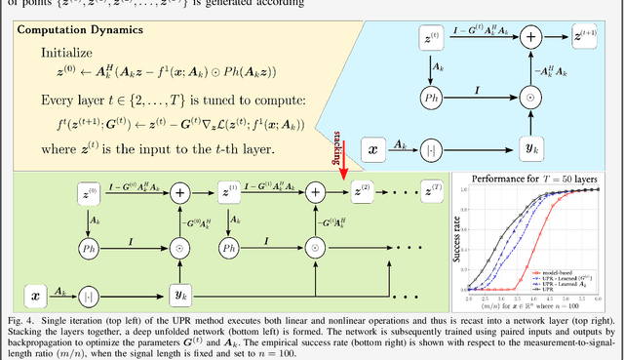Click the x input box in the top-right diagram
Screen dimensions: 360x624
(x=372, y=149)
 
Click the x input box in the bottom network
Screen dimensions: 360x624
(x=36, y=293)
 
